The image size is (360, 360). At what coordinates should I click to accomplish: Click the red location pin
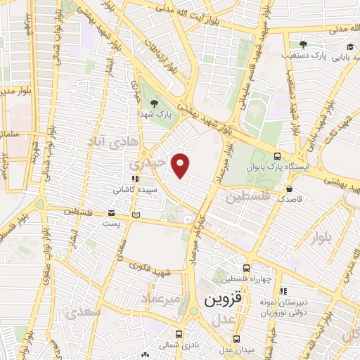(181, 165)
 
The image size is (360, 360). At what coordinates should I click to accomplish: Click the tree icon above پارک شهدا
(163, 104)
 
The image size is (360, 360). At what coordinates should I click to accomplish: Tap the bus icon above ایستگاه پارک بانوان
(277, 157)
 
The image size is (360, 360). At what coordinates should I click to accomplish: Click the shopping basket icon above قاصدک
(290, 188)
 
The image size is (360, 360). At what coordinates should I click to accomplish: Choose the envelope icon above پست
(111, 213)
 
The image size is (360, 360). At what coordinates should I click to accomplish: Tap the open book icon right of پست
(136, 214)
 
